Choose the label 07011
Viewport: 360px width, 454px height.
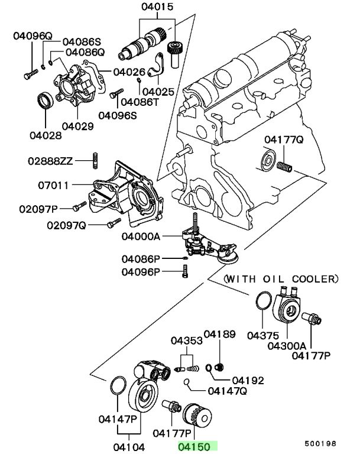tap(54, 185)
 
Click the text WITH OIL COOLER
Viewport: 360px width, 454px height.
tap(282, 278)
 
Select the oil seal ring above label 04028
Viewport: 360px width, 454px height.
tap(44, 100)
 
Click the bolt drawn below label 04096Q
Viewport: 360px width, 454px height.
tap(28, 74)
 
